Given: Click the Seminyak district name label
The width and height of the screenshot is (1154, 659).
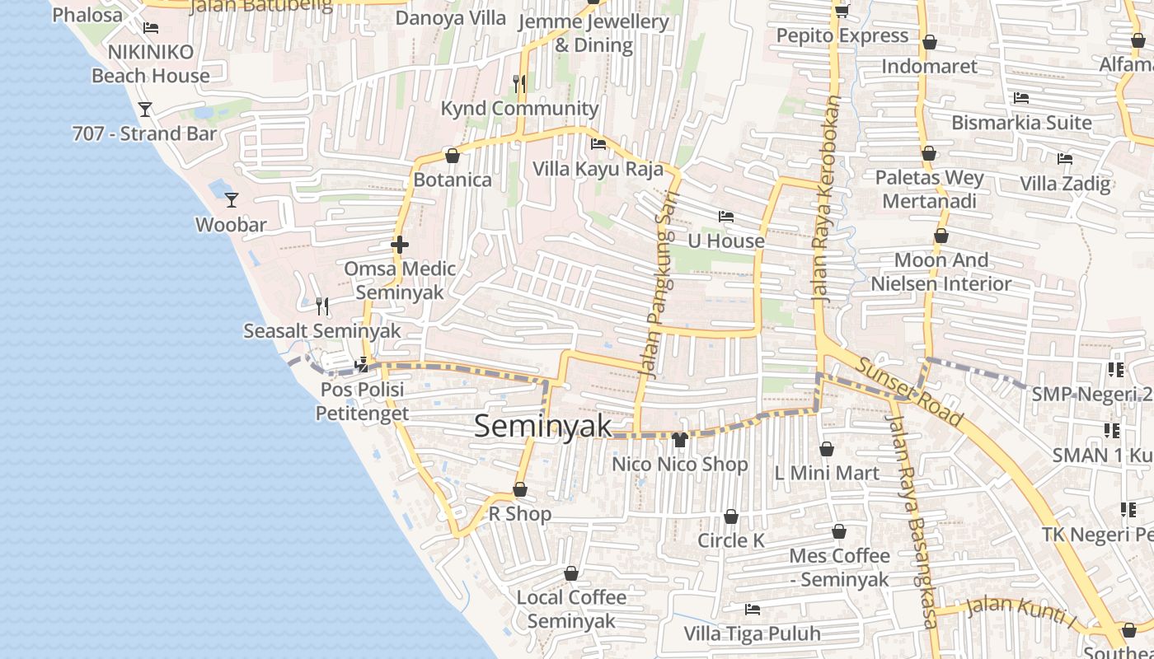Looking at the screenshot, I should (x=543, y=426).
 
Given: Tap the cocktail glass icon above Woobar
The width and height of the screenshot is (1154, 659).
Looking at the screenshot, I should (x=232, y=199).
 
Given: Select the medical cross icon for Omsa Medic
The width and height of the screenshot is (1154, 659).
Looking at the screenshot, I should (x=400, y=245).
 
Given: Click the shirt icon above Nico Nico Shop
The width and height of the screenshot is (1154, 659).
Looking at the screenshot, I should (x=680, y=440).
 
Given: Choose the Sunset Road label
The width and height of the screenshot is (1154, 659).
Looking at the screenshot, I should (x=908, y=392).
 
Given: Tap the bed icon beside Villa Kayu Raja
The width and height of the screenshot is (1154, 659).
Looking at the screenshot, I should (x=598, y=144).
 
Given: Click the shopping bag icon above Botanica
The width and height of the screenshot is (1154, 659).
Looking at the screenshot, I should (x=452, y=155).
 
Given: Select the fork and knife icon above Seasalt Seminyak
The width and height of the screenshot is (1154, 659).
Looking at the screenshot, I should (x=322, y=306).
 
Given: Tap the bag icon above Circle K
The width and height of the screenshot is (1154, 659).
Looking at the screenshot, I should (x=731, y=516).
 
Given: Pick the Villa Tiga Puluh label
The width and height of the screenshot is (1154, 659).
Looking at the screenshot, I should (x=752, y=633).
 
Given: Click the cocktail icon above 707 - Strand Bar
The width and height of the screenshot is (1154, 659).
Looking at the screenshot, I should (x=145, y=109).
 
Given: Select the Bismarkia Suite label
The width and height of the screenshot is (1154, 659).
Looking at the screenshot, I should (x=1021, y=123).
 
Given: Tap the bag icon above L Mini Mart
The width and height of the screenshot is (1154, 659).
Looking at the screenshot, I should (x=827, y=449).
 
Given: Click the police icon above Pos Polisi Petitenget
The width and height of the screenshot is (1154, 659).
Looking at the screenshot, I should (x=361, y=365).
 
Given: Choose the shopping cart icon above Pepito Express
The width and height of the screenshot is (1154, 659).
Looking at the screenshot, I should (x=842, y=11).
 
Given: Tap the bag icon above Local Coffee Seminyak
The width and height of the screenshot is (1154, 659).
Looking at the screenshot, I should (x=571, y=573).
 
